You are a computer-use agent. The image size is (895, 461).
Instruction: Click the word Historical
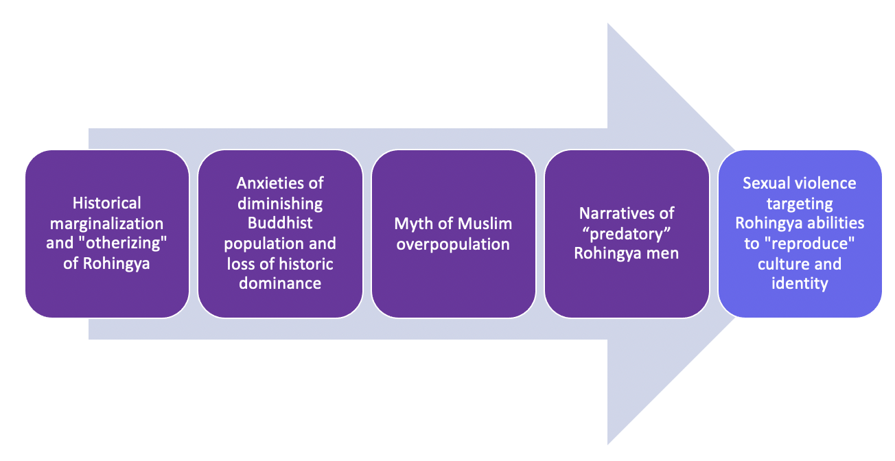107,203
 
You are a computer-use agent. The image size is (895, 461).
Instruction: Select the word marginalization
107,224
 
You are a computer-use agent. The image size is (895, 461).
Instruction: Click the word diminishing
280,203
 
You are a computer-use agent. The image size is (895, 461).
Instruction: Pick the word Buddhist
280,224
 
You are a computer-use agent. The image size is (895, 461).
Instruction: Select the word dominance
280,283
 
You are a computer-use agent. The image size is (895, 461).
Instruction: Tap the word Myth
413,224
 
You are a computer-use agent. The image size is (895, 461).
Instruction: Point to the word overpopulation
453,244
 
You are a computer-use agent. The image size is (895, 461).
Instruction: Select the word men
665,254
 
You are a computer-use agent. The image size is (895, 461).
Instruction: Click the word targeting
800,204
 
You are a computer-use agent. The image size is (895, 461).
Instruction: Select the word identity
800,283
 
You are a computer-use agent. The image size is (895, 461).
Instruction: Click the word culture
780,264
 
